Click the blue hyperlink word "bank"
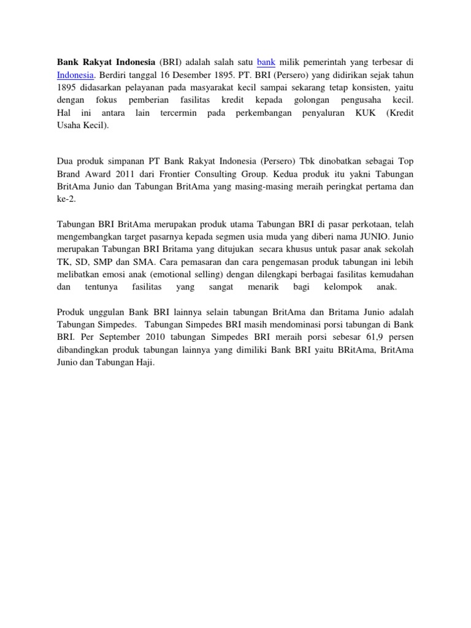pyautogui.click(x=266, y=62)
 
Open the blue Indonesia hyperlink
pyautogui.click(x=75, y=75)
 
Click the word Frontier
pyautogui.click(x=175, y=174)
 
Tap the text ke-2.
pyautogui.click(x=66, y=199)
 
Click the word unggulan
pyautogui.click(x=107, y=312)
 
